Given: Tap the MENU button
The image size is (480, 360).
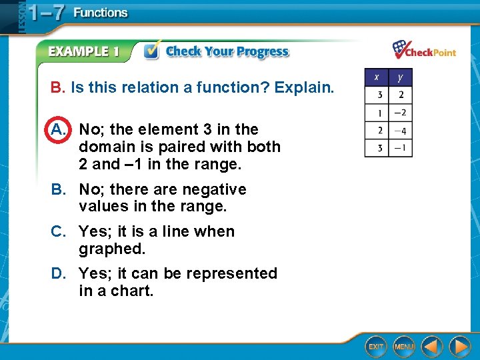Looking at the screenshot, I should point(404,347).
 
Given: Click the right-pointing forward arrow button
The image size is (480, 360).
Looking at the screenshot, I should point(459,347).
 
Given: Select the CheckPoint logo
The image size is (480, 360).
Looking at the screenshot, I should point(424,50).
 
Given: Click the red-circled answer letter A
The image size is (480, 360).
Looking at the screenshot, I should point(57,129).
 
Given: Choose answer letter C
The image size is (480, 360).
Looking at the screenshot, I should point(59,231).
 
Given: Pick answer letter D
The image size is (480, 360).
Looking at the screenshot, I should point(59,273).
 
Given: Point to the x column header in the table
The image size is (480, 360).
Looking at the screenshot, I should point(377,77).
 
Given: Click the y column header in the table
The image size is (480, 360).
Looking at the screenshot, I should point(401,77).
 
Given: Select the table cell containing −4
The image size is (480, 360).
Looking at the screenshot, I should point(401,130).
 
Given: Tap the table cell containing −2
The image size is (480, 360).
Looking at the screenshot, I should point(401,113).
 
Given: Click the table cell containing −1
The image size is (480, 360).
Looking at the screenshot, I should point(401,147).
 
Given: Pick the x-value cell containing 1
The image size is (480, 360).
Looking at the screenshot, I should point(377,113).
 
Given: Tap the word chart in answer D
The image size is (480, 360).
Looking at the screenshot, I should point(133,291).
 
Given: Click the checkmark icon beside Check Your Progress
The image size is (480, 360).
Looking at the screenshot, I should point(151,52).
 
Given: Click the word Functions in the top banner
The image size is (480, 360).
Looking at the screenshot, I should point(100,13).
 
